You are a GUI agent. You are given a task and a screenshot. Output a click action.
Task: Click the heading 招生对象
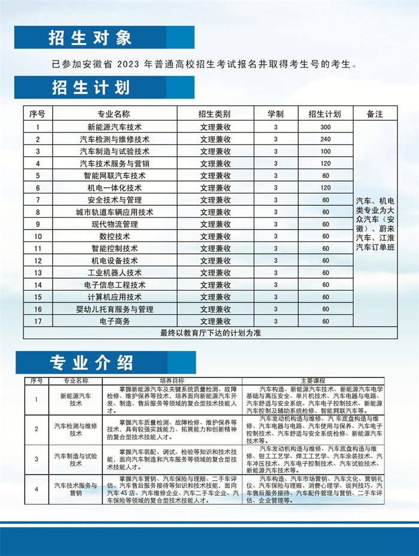(90, 38)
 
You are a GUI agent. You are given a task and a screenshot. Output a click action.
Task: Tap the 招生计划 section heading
(90, 87)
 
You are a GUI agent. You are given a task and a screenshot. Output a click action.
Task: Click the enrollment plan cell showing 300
(325, 127)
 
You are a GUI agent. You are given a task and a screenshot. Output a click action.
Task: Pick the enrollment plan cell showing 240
(325, 139)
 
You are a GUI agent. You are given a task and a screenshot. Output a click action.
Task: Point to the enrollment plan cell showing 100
(325, 151)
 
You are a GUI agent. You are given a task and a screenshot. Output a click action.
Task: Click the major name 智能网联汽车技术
(114, 176)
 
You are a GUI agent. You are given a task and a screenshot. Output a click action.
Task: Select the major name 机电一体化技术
(114, 188)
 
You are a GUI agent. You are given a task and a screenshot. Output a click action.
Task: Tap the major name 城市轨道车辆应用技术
(114, 212)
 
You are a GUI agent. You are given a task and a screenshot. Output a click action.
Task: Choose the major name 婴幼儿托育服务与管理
(114, 309)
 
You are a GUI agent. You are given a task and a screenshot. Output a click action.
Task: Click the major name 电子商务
(114, 321)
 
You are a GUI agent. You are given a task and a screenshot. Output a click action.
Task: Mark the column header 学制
(275, 114)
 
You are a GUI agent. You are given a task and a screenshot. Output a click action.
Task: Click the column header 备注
(375, 114)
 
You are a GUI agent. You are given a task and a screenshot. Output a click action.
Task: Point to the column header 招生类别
(215, 114)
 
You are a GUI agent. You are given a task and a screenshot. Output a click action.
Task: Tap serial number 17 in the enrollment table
(38, 321)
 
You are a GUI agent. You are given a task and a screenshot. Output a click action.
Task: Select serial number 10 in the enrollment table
(38, 236)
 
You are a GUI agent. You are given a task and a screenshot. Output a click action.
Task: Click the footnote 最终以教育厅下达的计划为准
(210, 333)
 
